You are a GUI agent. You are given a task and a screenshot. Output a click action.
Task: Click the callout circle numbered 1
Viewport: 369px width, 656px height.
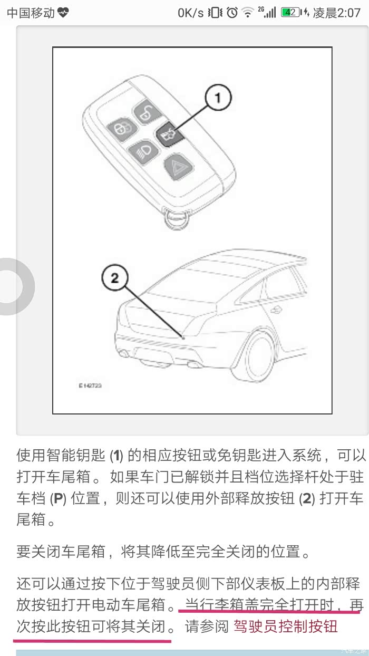click(x=218, y=97)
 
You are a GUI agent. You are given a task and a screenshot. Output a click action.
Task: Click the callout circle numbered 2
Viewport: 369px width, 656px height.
click(x=115, y=277)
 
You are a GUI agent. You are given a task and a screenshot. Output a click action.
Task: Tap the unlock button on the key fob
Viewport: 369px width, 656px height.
click(x=147, y=112)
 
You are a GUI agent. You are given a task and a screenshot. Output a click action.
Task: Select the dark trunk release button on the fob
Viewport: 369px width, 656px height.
click(x=170, y=134)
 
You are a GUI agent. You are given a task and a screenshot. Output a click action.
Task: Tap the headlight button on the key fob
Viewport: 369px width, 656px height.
click(x=143, y=152)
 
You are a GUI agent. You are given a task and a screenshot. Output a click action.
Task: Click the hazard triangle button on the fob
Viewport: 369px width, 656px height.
click(x=178, y=168)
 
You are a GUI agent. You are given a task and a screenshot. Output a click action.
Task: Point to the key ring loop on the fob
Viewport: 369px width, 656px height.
click(x=177, y=219)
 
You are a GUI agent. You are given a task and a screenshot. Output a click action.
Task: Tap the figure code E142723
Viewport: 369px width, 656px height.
click(x=90, y=385)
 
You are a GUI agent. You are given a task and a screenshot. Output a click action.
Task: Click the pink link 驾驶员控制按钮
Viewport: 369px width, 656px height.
click(x=286, y=626)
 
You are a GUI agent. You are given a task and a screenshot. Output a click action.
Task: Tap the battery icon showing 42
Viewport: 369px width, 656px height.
click(x=290, y=12)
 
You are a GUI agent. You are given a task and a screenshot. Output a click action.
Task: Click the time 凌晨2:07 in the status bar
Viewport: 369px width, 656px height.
click(x=337, y=13)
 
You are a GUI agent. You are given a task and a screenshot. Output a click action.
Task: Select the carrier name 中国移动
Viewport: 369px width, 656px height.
click(x=31, y=13)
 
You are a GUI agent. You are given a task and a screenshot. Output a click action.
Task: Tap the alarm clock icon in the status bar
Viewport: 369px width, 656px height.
click(x=232, y=13)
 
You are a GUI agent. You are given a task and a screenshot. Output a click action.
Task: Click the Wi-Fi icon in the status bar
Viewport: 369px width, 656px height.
click(x=248, y=13)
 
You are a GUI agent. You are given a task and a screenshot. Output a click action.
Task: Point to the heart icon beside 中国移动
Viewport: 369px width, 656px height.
click(x=63, y=13)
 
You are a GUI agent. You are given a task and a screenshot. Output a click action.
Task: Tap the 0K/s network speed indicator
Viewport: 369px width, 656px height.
click(x=190, y=13)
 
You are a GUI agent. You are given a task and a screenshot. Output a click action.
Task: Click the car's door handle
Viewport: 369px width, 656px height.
click(x=276, y=310)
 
